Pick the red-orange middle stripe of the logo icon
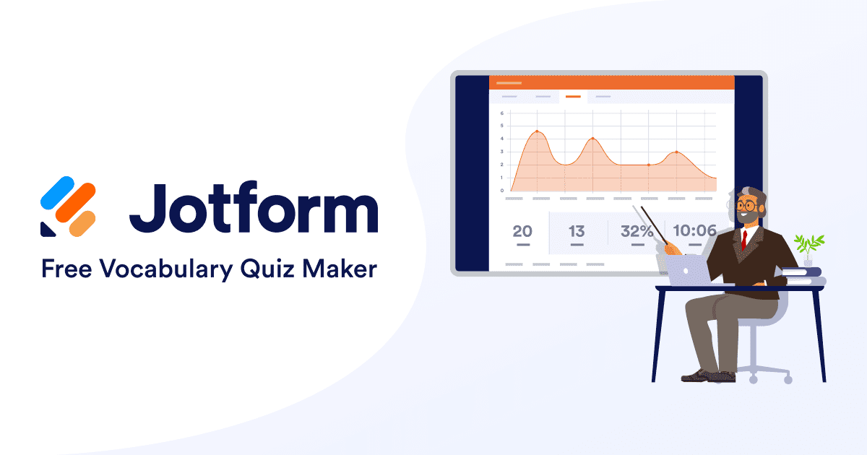tap(76, 203)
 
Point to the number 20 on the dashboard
tap(522, 232)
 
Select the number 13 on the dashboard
tap(577, 232)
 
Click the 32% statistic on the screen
tap(637, 232)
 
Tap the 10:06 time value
tap(694, 231)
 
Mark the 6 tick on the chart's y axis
tap(501, 113)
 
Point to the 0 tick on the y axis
tap(501, 191)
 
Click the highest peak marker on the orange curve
tap(537, 131)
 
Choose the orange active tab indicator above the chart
tap(573, 96)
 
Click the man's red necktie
tap(744, 239)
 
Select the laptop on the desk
tap(684, 270)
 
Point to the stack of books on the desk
tap(803, 275)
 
